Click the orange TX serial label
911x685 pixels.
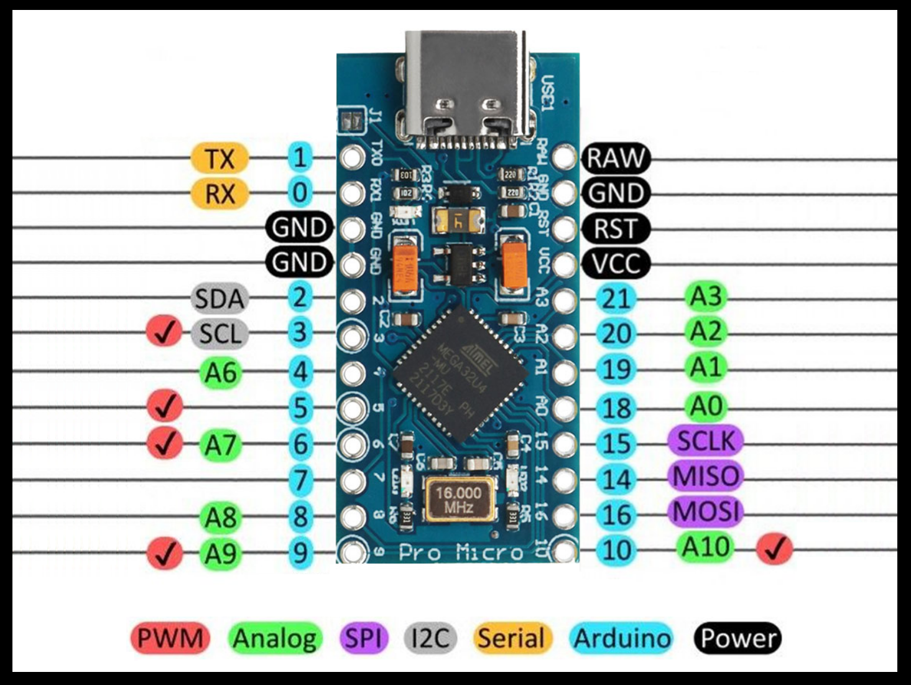[x=220, y=158]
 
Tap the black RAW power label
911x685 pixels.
[x=615, y=158]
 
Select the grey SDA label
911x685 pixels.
[x=220, y=299]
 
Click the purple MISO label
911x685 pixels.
[x=706, y=476]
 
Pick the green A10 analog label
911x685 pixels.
[x=705, y=547]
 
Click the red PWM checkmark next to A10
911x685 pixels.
[x=774, y=549]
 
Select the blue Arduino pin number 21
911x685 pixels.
[x=616, y=299]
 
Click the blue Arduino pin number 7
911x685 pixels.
[x=300, y=480]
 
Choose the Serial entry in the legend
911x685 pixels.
[x=512, y=638]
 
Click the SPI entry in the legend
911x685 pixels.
[x=363, y=638]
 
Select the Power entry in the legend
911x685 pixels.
[x=737, y=638]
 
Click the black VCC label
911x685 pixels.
[x=615, y=264]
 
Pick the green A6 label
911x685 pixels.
[x=221, y=373]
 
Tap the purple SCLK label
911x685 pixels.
[x=705, y=440]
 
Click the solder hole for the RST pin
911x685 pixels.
[x=563, y=228]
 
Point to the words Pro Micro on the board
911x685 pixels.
[x=461, y=552]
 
